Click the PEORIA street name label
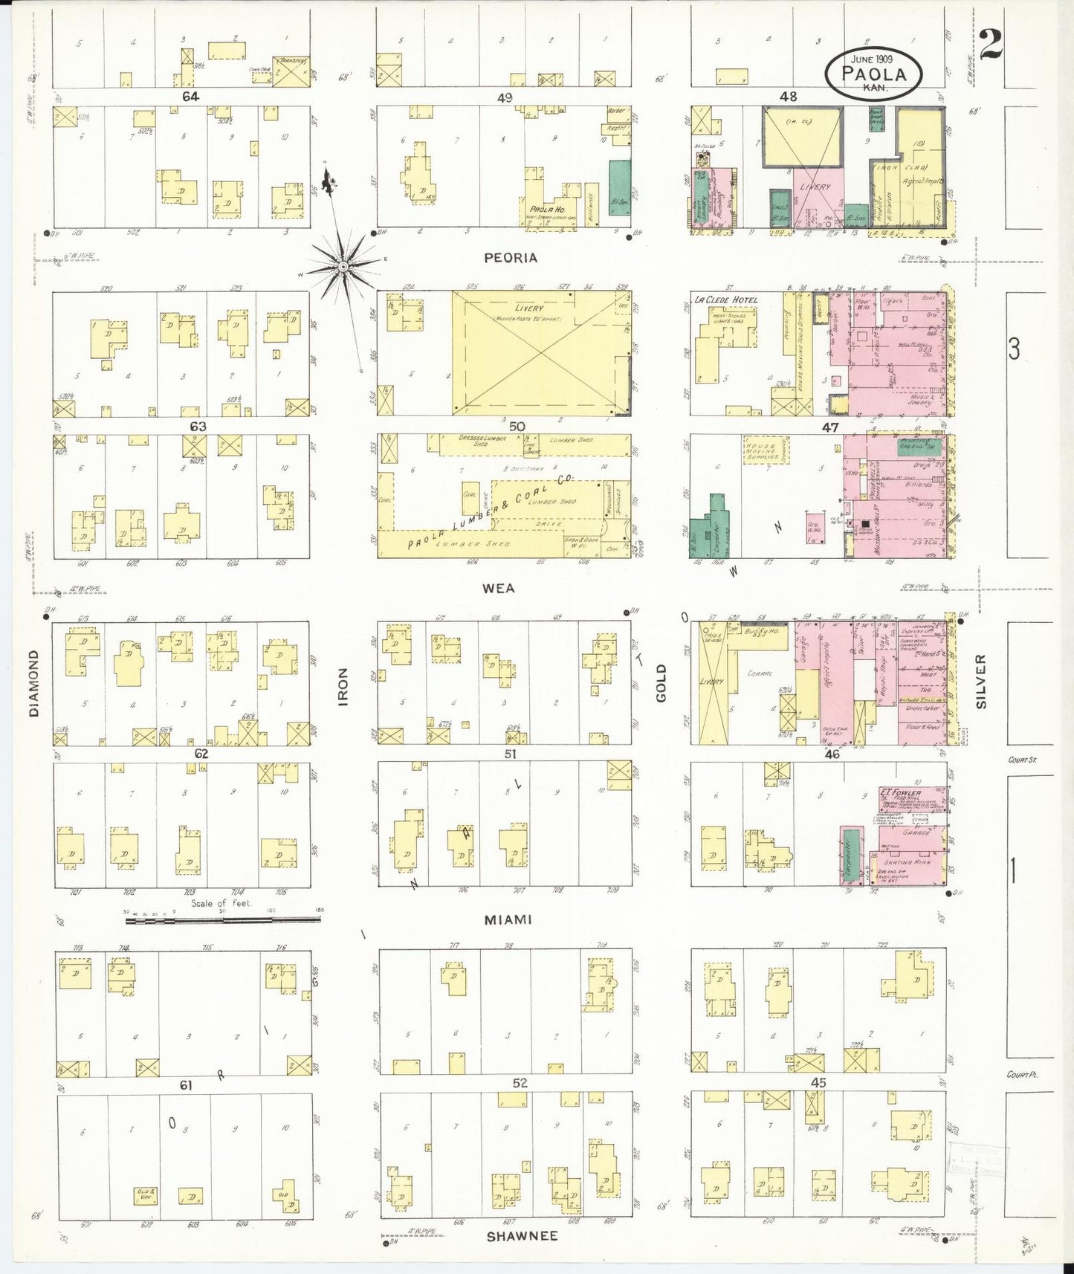[510, 258]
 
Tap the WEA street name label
[499, 588]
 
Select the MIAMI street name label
[508, 919]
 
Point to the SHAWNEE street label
[522, 1236]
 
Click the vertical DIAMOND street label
[34, 683]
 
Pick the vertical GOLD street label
[661, 683]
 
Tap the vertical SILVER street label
[981, 681]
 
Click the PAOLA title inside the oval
[874, 74]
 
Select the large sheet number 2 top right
[990, 45]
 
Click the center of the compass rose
[343, 266]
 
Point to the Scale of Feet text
[221, 903]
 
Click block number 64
[191, 96]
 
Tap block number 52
[520, 1083]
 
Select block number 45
[818, 1083]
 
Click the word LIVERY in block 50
[528, 308]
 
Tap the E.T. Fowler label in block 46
[900, 792]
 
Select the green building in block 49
[620, 187]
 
